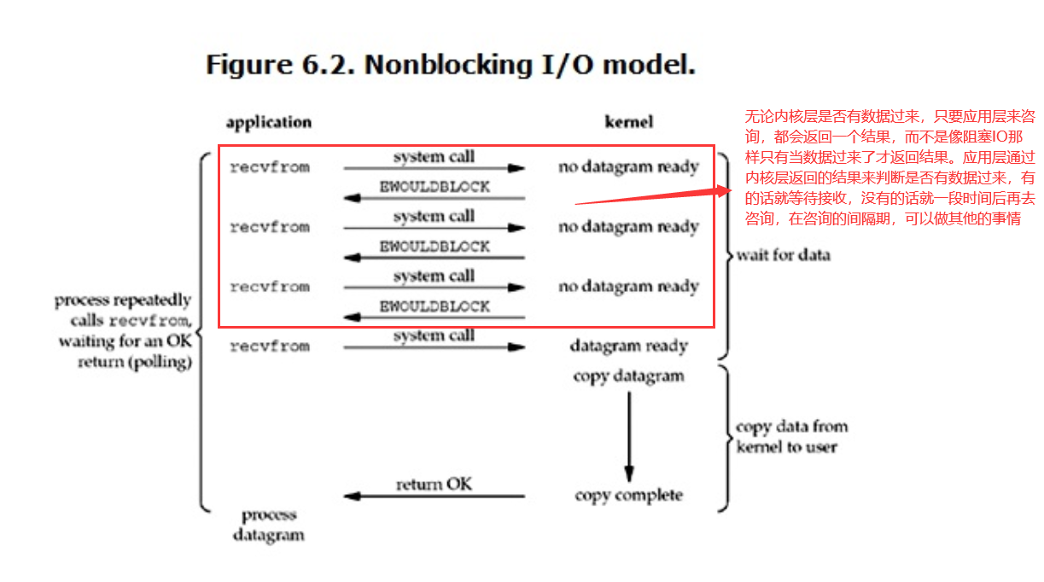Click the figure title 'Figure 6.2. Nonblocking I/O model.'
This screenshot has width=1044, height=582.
(x=451, y=65)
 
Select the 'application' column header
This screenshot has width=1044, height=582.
(x=269, y=123)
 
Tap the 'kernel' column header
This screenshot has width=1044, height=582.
(x=629, y=122)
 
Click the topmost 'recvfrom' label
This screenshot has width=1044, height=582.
(x=270, y=167)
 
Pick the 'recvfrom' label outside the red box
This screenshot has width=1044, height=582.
(x=270, y=346)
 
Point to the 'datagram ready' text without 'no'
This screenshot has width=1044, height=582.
(x=629, y=346)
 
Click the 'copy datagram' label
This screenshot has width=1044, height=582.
(x=629, y=376)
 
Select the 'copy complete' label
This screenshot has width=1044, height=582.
(x=629, y=495)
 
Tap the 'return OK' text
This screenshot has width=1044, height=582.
(x=434, y=484)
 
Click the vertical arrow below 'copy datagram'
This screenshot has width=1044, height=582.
(x=629, y=437)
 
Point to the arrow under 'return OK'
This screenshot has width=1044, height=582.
(x=434, y=497)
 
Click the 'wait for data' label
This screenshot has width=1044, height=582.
(x=784, y=255)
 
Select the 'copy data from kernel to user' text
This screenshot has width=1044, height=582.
(x=792, y=437)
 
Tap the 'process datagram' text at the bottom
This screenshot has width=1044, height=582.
(x=269, y=525)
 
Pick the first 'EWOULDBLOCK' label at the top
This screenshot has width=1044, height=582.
(x=435, y=187)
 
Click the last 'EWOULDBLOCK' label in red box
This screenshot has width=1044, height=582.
(x=435, y=306)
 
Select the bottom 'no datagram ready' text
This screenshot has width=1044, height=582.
(x=629, y=287)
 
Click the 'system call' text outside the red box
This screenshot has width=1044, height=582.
(x=434, y=335)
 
